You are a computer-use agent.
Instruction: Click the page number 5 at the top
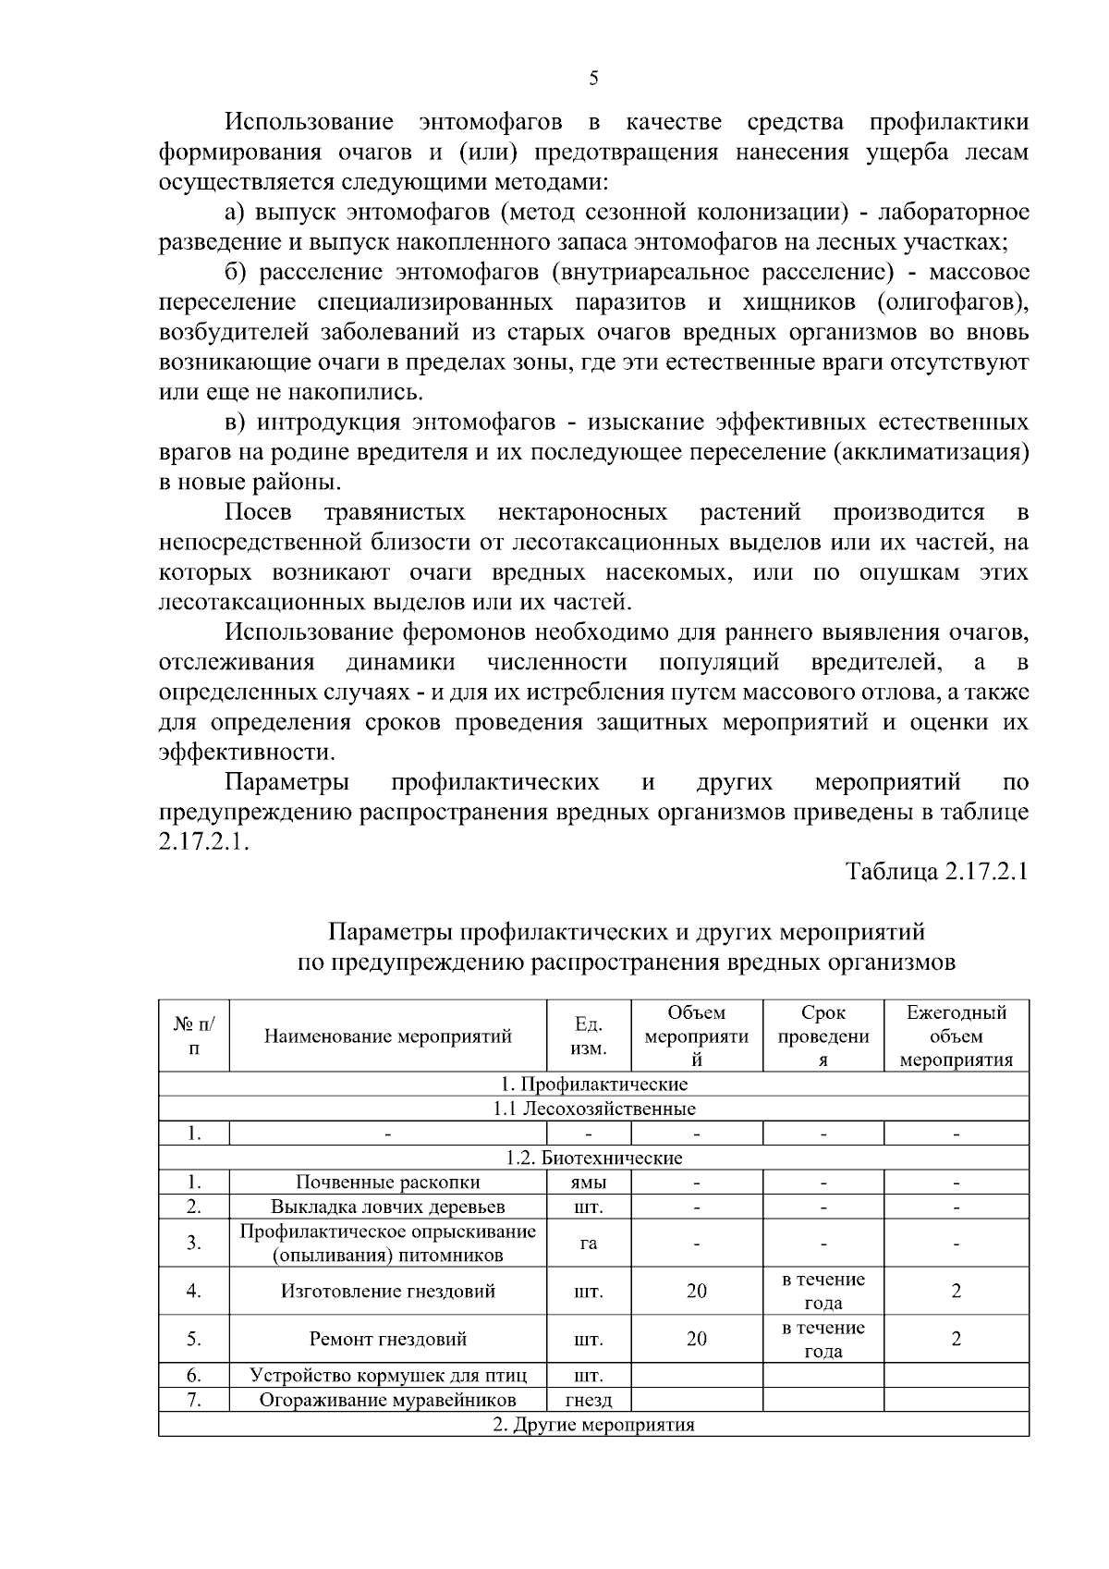(593, 79)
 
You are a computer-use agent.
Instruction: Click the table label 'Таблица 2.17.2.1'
(937, 872)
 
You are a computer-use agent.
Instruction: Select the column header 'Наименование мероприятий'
(387, 1036)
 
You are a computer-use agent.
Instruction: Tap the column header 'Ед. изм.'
(589, 1036)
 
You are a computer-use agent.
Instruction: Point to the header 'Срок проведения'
(823, 1036)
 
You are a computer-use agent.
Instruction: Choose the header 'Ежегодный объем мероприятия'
(956, 1036)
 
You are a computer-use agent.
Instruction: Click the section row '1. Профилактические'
(593, 1084)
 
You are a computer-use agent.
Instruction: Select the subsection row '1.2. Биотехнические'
(593, 1158)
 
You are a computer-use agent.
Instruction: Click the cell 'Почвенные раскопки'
(387, 1182)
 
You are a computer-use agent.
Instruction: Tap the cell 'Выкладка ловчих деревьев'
(387, 1207)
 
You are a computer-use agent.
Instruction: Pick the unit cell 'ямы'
(589, 1182)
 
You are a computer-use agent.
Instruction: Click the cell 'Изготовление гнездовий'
(387, 1291)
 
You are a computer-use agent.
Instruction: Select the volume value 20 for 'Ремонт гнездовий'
(696, 1339)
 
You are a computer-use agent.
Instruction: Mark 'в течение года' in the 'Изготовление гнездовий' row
(823, 1291)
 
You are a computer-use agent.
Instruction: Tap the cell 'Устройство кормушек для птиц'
(387, 1376)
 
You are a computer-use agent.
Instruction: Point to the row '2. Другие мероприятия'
(593, 1425)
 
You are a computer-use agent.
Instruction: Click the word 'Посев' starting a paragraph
(258, 512)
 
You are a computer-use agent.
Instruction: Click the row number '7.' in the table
(193, 1400)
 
